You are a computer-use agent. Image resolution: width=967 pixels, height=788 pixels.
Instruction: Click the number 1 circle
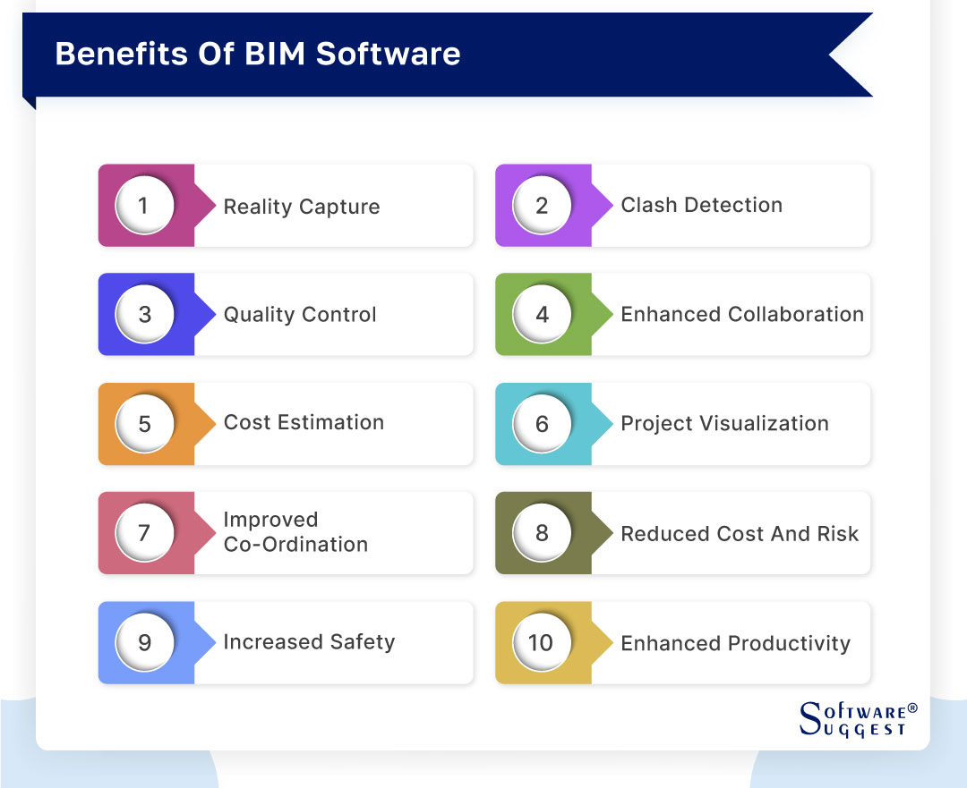click(144, 206)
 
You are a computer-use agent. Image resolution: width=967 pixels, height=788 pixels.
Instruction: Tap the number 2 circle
click(542, 206)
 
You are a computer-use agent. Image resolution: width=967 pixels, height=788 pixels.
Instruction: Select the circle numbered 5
click(144, 423)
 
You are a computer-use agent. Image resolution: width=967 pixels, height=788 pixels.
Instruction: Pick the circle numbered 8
click(542, 533)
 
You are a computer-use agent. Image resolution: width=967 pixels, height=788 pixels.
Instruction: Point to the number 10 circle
click(542, 642)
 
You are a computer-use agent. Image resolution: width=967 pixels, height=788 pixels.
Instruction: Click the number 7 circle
click(144, 533)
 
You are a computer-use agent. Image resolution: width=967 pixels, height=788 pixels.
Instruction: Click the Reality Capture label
click(302, 207)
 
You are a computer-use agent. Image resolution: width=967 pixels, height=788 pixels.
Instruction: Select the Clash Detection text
click(701, 205)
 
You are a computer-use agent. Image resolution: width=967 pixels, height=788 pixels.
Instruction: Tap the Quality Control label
click(300, 315)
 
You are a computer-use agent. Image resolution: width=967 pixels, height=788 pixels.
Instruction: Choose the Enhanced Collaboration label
click(742, 315)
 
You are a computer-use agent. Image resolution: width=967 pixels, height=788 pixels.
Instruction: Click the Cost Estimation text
click(304, 423)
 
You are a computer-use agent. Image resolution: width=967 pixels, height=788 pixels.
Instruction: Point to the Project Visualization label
click(724, 424)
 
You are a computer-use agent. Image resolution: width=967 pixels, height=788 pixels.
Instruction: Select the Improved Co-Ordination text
click(295, 532)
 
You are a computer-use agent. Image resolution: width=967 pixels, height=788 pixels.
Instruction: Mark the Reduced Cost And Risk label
click(740, 534)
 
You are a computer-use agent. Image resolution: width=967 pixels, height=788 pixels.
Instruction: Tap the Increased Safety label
click(309, 642)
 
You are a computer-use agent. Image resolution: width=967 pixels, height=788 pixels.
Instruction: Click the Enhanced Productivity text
click(735, 643)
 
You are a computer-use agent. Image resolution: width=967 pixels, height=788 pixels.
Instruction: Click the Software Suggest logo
click(856, 719)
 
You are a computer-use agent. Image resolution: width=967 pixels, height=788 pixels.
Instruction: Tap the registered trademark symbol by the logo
click(912, 708)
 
